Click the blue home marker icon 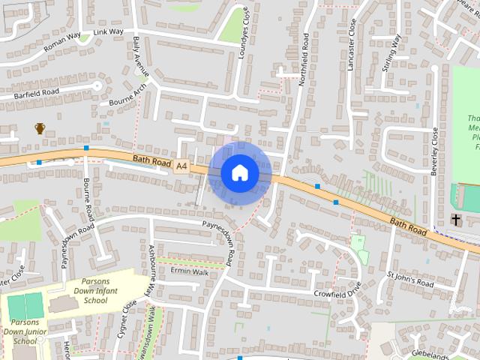click(x=240, y=173)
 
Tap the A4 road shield click(x=181, y=166)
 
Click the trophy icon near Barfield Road click(x=40, y=129)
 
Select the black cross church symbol click(x=456, y=220)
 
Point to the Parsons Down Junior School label click(x=25, y=330)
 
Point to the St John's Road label click(x=409, y=280)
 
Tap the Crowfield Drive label click(x=337, y=289)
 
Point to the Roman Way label click(x=62, y=40)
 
